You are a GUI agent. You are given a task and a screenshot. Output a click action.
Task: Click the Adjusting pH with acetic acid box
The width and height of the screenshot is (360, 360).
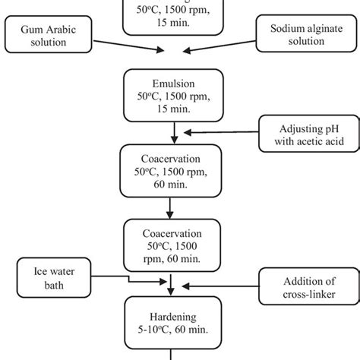[x=302, y=132]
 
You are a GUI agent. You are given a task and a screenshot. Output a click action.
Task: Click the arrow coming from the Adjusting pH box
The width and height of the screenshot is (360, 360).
[x=220, y=131]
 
